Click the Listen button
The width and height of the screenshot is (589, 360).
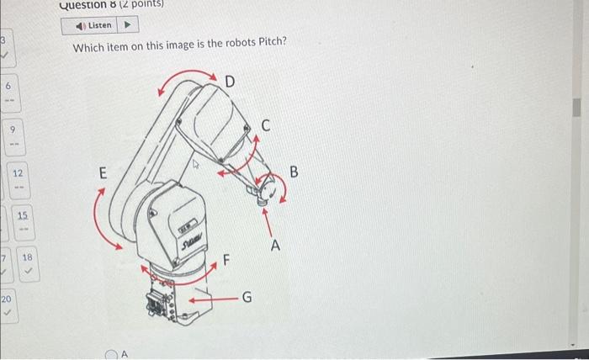coord(93,25)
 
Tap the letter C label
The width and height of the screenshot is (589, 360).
coord(266,127)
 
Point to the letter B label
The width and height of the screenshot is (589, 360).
coord(294,172)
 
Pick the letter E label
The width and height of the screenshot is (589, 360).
coord(103,174)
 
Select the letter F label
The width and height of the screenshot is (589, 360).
coord(226,260)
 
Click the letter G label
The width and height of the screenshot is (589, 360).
coord(247,297)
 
